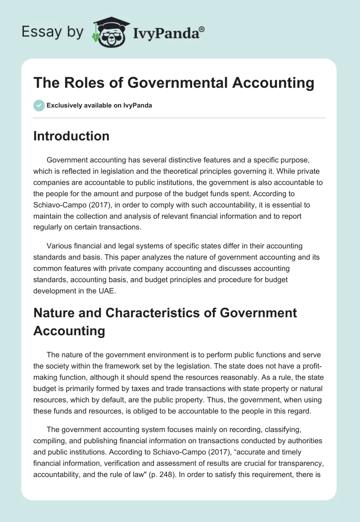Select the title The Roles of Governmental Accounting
(173, 83)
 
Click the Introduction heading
(71, 136)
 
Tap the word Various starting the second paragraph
(60, 246)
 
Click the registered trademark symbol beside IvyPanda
(202, 29)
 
